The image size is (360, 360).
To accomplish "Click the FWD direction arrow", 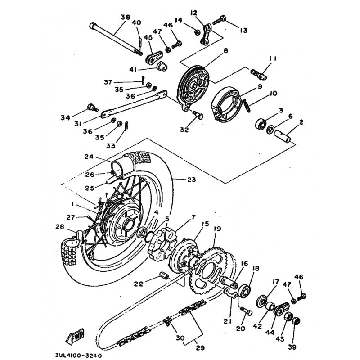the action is pos(75,337).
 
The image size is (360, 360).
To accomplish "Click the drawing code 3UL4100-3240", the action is pos(78,355).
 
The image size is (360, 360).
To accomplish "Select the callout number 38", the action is pos(126,17).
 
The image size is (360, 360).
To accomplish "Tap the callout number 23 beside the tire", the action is pos(192,180).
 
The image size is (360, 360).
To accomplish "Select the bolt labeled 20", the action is pos(246,311).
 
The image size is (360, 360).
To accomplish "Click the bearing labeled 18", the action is pos(245,290).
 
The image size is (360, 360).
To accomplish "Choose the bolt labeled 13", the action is pos(219,20).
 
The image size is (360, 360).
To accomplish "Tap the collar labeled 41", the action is pos(162,66).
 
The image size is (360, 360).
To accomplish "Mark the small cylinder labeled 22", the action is pos(163,275).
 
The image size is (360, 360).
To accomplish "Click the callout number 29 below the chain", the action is pos(200,347).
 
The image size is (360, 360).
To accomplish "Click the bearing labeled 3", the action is pos(261,123).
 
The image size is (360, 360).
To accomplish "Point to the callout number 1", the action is pos(72,204).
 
